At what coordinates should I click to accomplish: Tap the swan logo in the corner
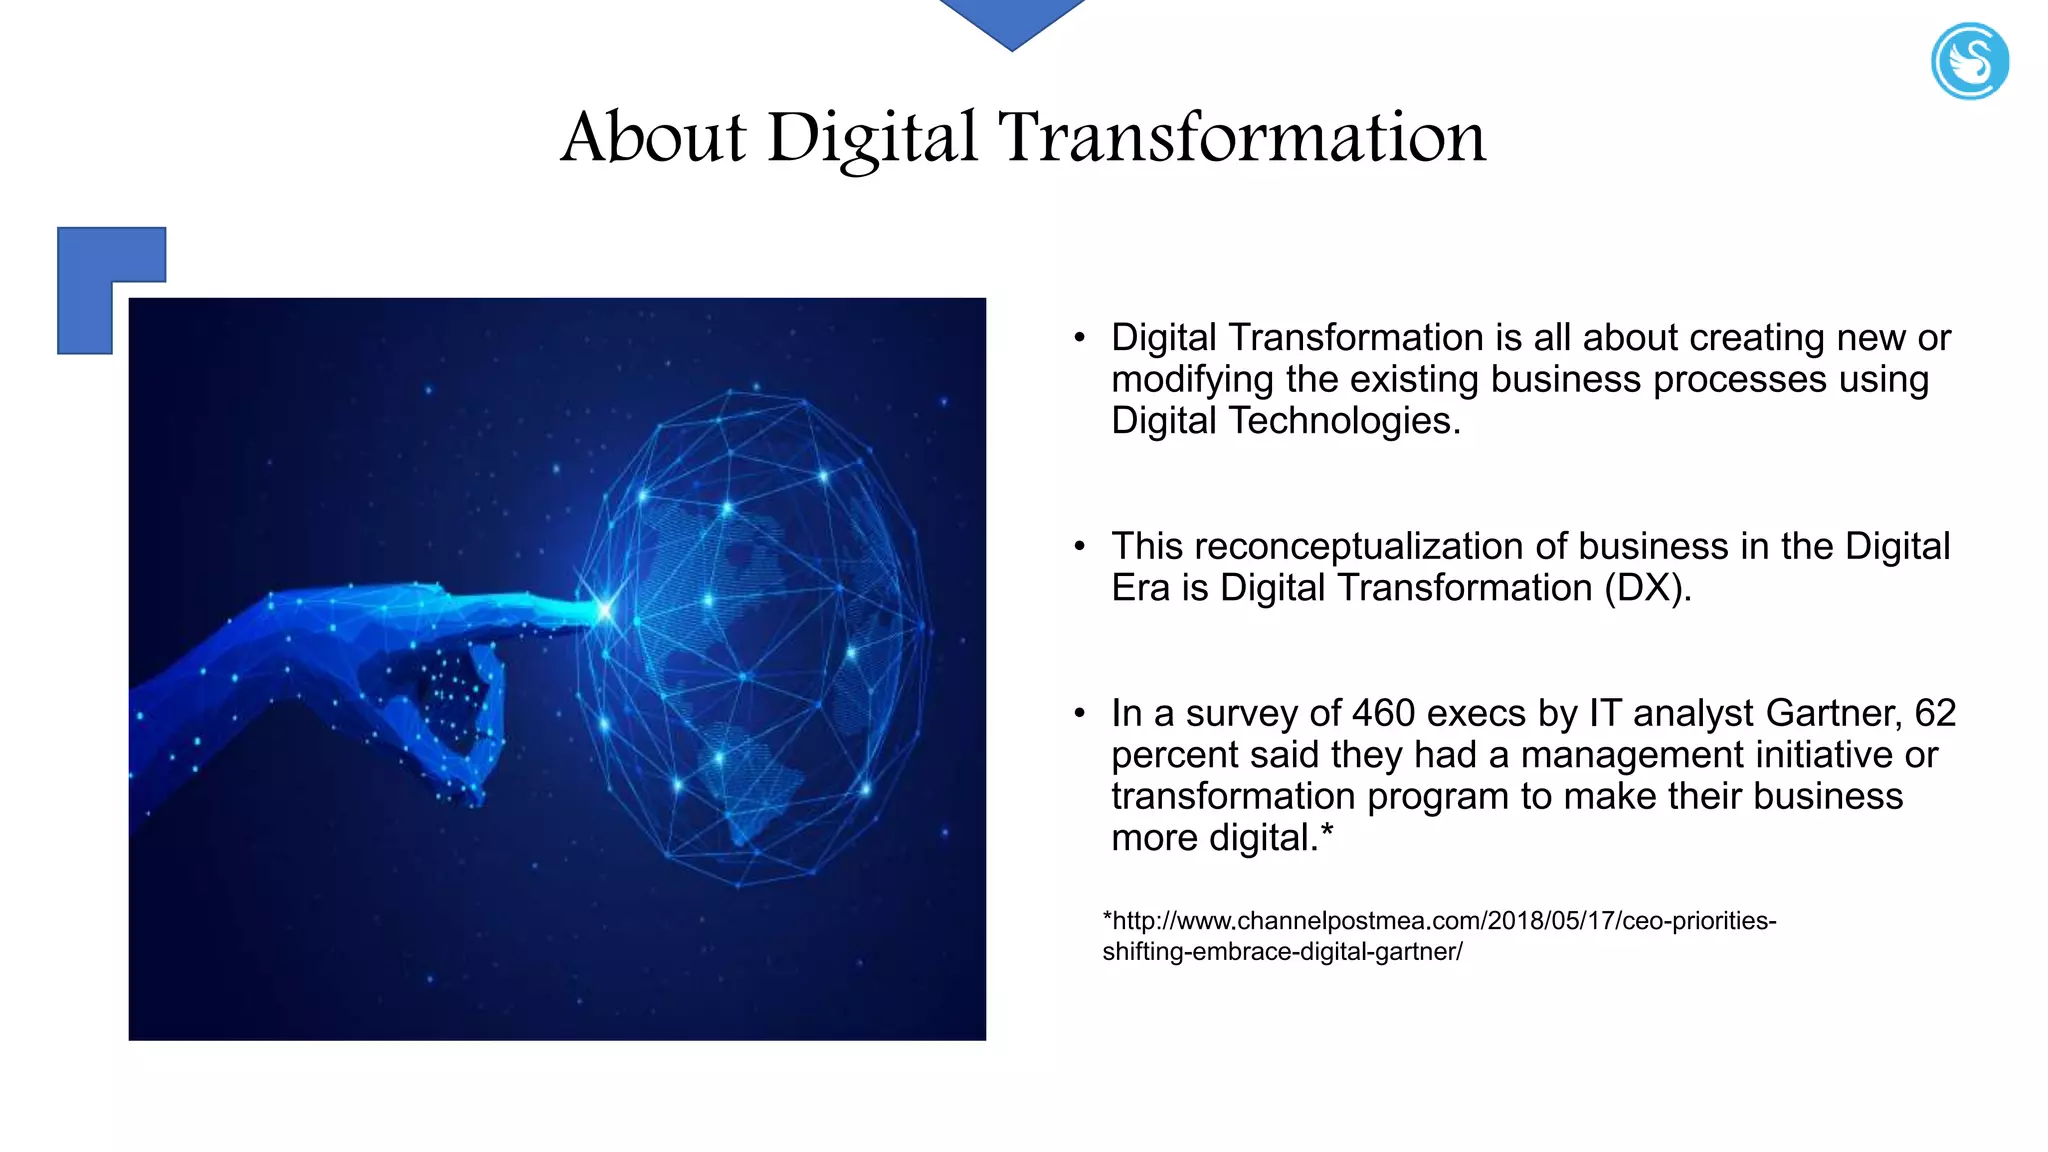point(1969,61)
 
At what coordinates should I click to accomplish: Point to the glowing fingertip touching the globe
point(603,609)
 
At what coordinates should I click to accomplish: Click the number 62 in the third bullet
point(1935,714)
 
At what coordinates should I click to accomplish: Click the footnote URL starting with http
point(1439,935)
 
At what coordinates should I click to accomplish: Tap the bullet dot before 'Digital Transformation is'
point(1079,338)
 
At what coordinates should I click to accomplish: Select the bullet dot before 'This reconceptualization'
point(1079,547)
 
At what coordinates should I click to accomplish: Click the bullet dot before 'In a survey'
point(1079,714)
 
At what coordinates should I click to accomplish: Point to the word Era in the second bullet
point(1140,588)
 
